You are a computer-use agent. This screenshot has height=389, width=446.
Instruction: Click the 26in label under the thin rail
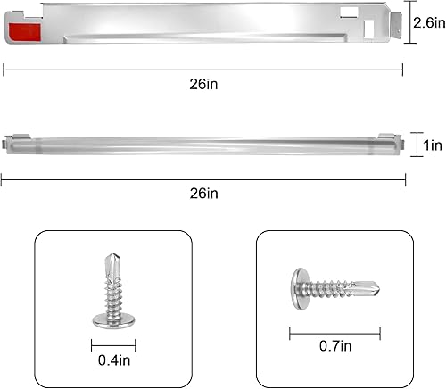pos(203,193)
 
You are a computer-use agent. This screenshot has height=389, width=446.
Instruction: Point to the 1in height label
pos(428,144)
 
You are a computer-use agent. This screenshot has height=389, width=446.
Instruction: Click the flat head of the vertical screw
pos(112,317)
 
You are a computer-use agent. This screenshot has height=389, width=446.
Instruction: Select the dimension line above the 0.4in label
pos(112,342)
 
